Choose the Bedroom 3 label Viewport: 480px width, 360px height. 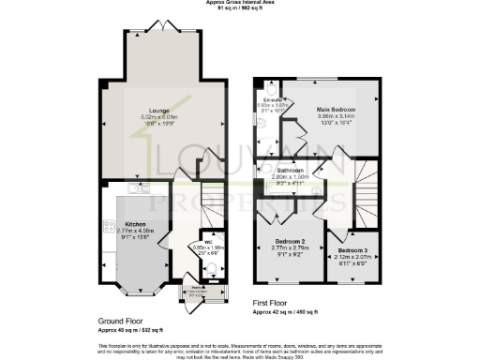tap(352, 250)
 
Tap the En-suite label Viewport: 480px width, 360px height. tap(274, 98)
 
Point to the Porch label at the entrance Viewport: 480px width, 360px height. tap(198, 289)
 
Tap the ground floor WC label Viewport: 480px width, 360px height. tap(210, 242)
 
